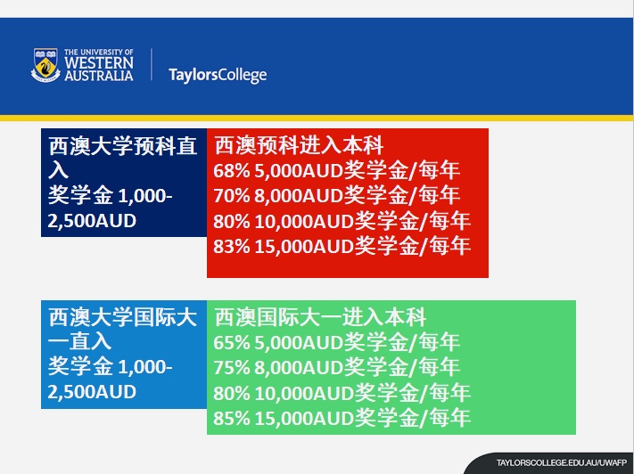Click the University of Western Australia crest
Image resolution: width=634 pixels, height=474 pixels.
pyautogui.click(x=45, y=65)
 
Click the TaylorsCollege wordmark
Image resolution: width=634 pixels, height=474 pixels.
pyautogui.click(x=218, y=75)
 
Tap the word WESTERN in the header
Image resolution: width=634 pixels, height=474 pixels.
pyautogui.click(x=99, y=62)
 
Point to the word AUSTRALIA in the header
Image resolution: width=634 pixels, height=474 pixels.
pyautogui.click(x=99, y=76)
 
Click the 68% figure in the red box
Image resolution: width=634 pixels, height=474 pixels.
pyautogui.click(x=232, y=171)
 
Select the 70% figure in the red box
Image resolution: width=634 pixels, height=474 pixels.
pyautogui.click(x=232, y=196)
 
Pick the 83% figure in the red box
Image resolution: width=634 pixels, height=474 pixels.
pyautogui.click(x=232, y=246)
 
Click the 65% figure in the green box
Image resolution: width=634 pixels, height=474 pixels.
pyautogui.click(x=232, y=343)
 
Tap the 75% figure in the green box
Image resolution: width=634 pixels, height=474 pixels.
pyautogui.click(x=232, y=368)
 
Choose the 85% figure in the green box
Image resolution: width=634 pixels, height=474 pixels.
pyautogui.click(x=232, y=418)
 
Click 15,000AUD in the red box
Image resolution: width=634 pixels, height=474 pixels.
pyautogui.click(x=304, y=247)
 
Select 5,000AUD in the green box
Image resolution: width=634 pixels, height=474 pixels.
pyautogui.click(x=299, y=343)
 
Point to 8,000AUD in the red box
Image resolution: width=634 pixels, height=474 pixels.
pyautogui.click(x=299, y=196)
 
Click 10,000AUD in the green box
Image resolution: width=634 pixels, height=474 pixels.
pyautogui.click(x=304, y=393)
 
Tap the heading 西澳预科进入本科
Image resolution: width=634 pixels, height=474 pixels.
pyautogui.click(x=299, y=146)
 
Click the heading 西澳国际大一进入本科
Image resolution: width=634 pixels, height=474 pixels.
pyautogui.click(x=320, y=317)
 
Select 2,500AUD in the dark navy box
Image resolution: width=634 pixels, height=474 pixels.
pyautogui.click(x=92, y=221)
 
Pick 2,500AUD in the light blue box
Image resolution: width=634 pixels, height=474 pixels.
pyautogui.click(x=92, y=392)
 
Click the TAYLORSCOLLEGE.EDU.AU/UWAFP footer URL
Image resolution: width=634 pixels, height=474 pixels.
pyautogui.click(x=561, y=463)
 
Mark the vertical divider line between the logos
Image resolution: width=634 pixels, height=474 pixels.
pyautogui.click(x=152, y=64)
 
